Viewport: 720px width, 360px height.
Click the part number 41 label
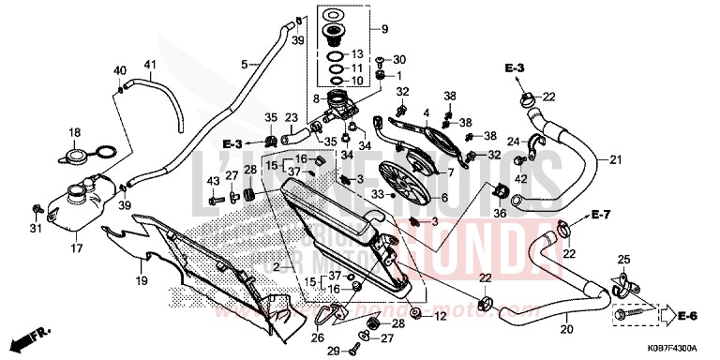coord(149,65)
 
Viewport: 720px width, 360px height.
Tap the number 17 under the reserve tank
coord(77,248)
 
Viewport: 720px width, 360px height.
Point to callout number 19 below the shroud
coord(139,280)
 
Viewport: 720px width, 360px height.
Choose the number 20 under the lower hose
coord(566,329)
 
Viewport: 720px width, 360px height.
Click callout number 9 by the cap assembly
coord(382,29)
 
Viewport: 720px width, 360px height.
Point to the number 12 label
coord(439,317)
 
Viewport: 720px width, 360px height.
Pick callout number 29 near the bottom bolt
coord(332,351)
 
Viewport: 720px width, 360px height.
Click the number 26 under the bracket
coord(317,337)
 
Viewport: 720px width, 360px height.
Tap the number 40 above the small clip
coord(119,70)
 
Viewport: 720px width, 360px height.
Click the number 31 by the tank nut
coord(36,230)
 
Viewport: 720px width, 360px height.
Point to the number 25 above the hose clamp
coord(623,259)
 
